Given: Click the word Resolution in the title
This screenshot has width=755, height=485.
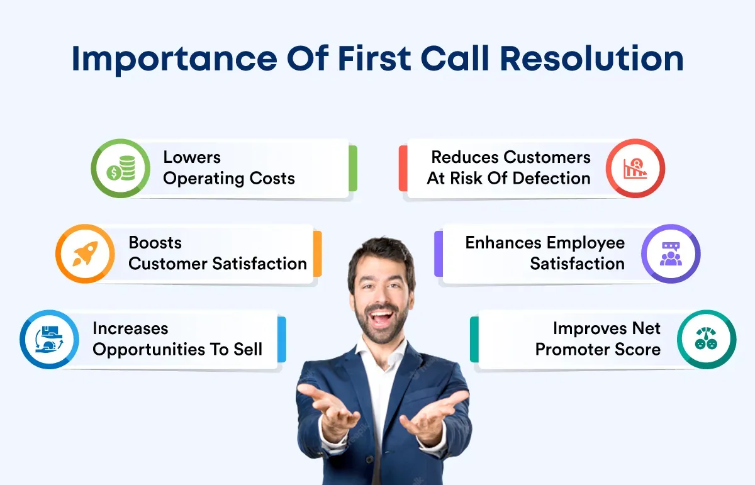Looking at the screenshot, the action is pyautogui.click(x=591, y=59).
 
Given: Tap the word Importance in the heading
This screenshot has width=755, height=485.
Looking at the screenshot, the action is pyautogui.click(x=174, y=60).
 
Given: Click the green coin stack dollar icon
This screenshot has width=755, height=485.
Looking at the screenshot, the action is pyautogui.click(x=121, y=168).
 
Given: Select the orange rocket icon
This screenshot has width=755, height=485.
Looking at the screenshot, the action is pyautogui.click(x=86, y=254).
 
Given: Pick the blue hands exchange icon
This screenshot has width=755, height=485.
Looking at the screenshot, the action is pyautogui.click(x=49, y=339).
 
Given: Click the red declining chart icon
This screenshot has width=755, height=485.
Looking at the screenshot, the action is pyautogui.click(x=635, y=168).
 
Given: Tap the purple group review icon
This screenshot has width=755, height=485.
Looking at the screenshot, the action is pyautogui.click(x=671, y=254).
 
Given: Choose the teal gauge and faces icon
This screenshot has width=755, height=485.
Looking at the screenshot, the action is pyautogui.click(x=706, y=338).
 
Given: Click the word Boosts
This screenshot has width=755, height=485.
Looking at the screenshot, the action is pyautogui.click(x=155, y=243).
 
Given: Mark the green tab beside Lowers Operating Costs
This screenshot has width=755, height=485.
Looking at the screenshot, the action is pyautogui.click(x=353, y=168).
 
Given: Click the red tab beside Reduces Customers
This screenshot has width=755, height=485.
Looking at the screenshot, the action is pyautogui.click(x=403, y=168).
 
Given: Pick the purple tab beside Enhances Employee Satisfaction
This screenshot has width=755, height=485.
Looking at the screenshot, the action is pyautogui.click(x=439, y=254).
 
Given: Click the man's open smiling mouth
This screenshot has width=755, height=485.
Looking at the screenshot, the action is pyautogui.click(x=381, y=318).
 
